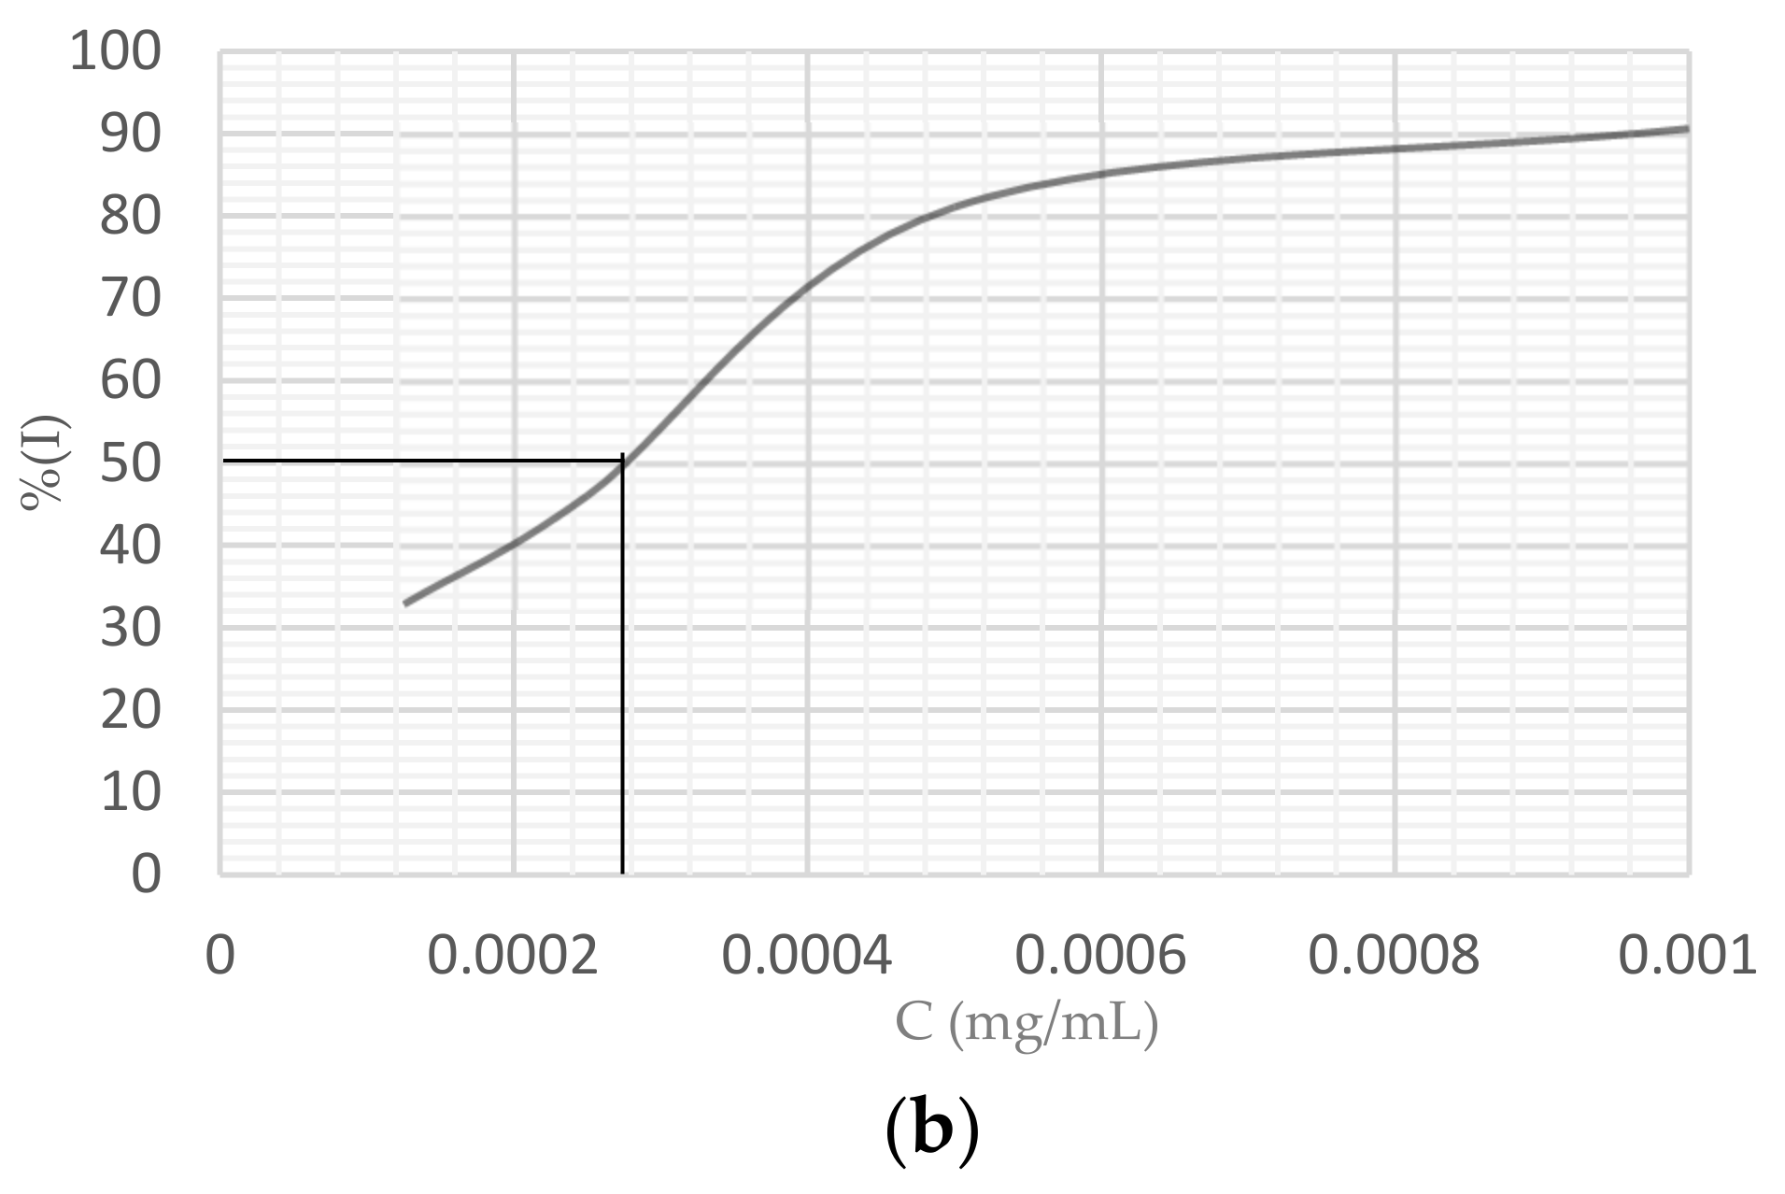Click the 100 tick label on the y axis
115,51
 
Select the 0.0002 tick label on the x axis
513,955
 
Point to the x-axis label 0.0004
807,955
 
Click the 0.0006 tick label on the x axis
1100,955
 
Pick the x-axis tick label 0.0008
1394,955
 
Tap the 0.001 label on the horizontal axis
1687,955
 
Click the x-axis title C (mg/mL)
1027,1023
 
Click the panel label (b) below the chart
931,1130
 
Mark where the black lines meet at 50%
622,460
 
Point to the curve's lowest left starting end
404,604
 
